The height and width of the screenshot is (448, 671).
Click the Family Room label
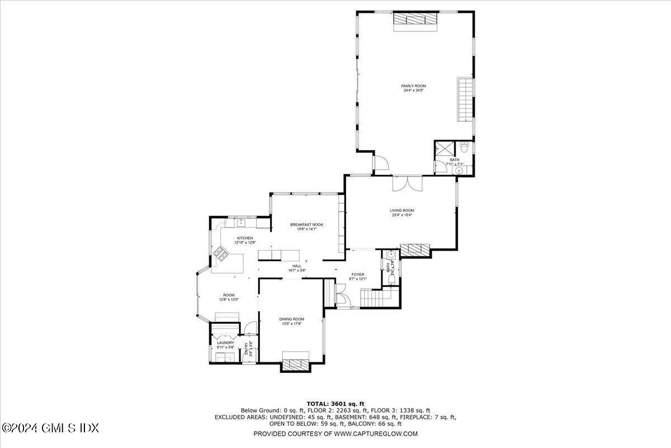tap(413, 86)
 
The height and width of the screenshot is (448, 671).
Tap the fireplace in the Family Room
tap(414, 19)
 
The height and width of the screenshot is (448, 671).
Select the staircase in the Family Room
tap(465, 100)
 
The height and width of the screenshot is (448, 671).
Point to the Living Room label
tap(401, 211)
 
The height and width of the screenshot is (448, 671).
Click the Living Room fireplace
tap(415, 250)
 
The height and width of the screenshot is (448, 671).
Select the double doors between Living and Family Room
tap(407, 183)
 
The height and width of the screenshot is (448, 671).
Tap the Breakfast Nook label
tap(306, 225)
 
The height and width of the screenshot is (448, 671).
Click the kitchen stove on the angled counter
tap(219, 255)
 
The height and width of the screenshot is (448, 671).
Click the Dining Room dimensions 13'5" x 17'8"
tap(291, 324)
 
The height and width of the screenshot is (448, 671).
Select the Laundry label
tap(225, 343)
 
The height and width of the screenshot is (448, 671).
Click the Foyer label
tap(357, 274)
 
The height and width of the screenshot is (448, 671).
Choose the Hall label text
tap(297, 266)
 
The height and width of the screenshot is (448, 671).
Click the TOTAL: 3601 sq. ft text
tap(335, 403)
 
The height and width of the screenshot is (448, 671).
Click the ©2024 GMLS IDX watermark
tap(50, 428)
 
